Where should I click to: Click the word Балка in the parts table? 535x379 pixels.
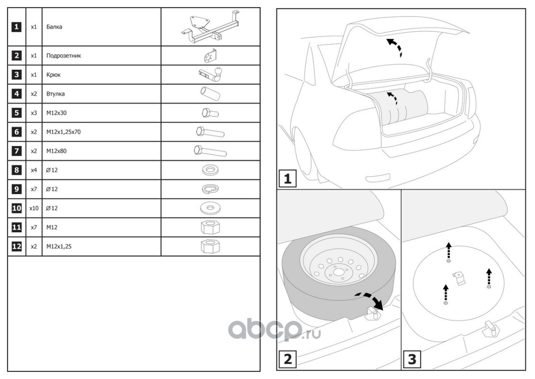click(54, 27)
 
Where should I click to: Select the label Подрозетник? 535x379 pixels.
click(64, 56)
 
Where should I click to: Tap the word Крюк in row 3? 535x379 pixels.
click(53, 75)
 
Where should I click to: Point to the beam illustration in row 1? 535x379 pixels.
click(210, 27)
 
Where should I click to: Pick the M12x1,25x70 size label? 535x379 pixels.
click(63, 132)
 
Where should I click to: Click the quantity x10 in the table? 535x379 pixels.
click(34, 208)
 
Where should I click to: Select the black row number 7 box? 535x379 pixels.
click(17, 151)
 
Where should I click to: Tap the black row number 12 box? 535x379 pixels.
click(17, 246)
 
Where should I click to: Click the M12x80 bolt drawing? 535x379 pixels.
click(210, 152)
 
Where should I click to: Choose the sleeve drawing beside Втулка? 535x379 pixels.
click(210, 94)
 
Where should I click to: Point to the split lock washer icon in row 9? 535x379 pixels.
click(210, 189)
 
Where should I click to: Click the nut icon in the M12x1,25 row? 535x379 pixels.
click(210, 246)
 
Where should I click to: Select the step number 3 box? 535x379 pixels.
click(411, 360)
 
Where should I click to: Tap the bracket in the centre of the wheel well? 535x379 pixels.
click(458, 278)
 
